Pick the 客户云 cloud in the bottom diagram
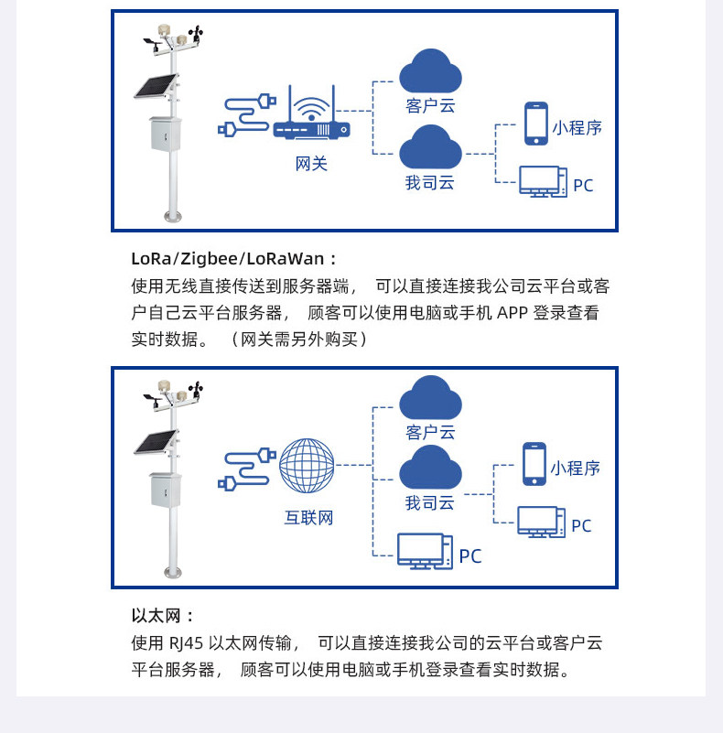[x=430, y=397]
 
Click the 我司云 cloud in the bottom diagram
[x=430, y=468]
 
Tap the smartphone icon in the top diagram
[x=535, y=124]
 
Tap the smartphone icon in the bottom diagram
[x=534, y=464]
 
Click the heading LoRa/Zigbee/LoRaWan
[x=234, y=259]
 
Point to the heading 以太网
[x=163, y=616]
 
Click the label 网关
[x=311, y=165]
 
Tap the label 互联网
[x=308, y=518]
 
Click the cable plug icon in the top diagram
[x=246, y=116]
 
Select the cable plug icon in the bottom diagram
[x=246, y=468]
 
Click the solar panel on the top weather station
[x=156, y=87]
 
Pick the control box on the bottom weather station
[x=166, y=489]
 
